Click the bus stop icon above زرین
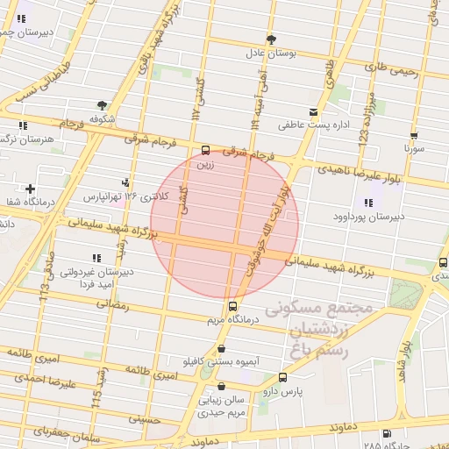click(205, 150)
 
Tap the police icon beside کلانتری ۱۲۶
click(128, 183)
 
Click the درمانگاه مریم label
click(232, 321)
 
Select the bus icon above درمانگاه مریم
click(232, 307)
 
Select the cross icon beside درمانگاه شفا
click(31, 189)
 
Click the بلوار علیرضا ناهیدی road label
click(360, 172)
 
